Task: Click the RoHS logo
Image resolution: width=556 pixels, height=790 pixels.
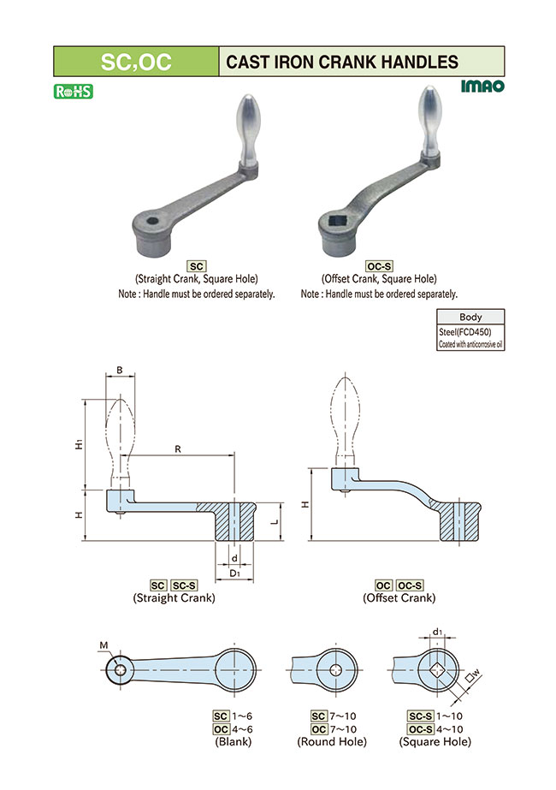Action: point(73,91)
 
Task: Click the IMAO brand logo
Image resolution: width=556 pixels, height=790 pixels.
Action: point(482,86)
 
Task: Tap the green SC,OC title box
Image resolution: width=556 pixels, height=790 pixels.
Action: point(136,62)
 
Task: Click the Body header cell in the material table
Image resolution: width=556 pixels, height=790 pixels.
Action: point(470,317)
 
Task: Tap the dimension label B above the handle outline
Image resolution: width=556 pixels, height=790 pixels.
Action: point(120,371)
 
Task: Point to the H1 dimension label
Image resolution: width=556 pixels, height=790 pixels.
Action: point(77,444)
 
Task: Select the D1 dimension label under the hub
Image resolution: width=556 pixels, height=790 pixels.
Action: point(234,572)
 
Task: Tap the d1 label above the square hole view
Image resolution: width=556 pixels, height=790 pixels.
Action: point(437,633)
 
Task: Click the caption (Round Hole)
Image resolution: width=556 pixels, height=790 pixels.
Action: point(332,741)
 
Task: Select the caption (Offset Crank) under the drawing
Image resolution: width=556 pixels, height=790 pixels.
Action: point(399,597)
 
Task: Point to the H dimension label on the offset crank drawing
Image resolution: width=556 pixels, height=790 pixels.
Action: point(305,504)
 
